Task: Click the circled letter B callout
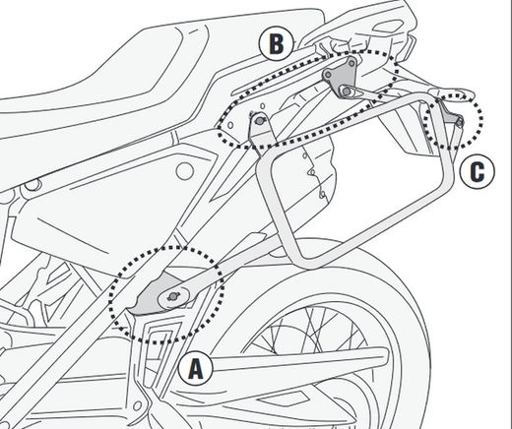click(x=276, y=42)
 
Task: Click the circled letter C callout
click(x=477, y=172)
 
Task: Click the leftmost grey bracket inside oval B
click(x=260, y=125)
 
